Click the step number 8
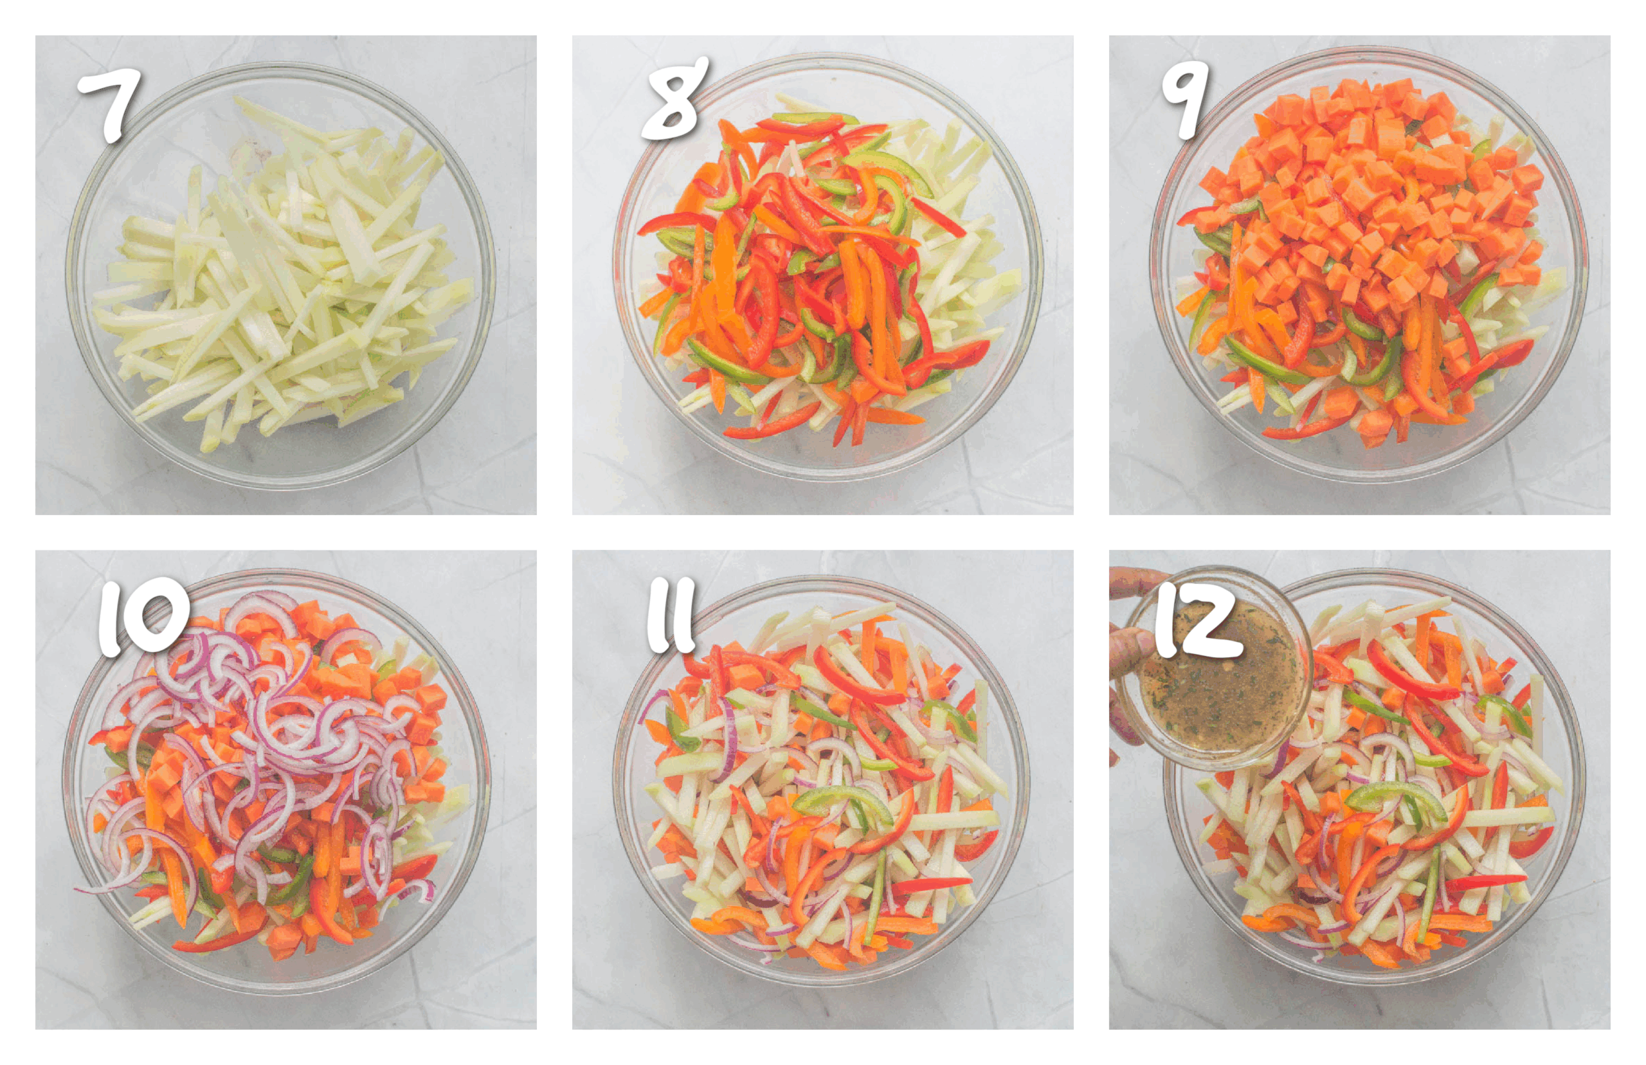(674, 100)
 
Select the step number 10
(141, 617)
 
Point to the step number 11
(669, 615)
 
